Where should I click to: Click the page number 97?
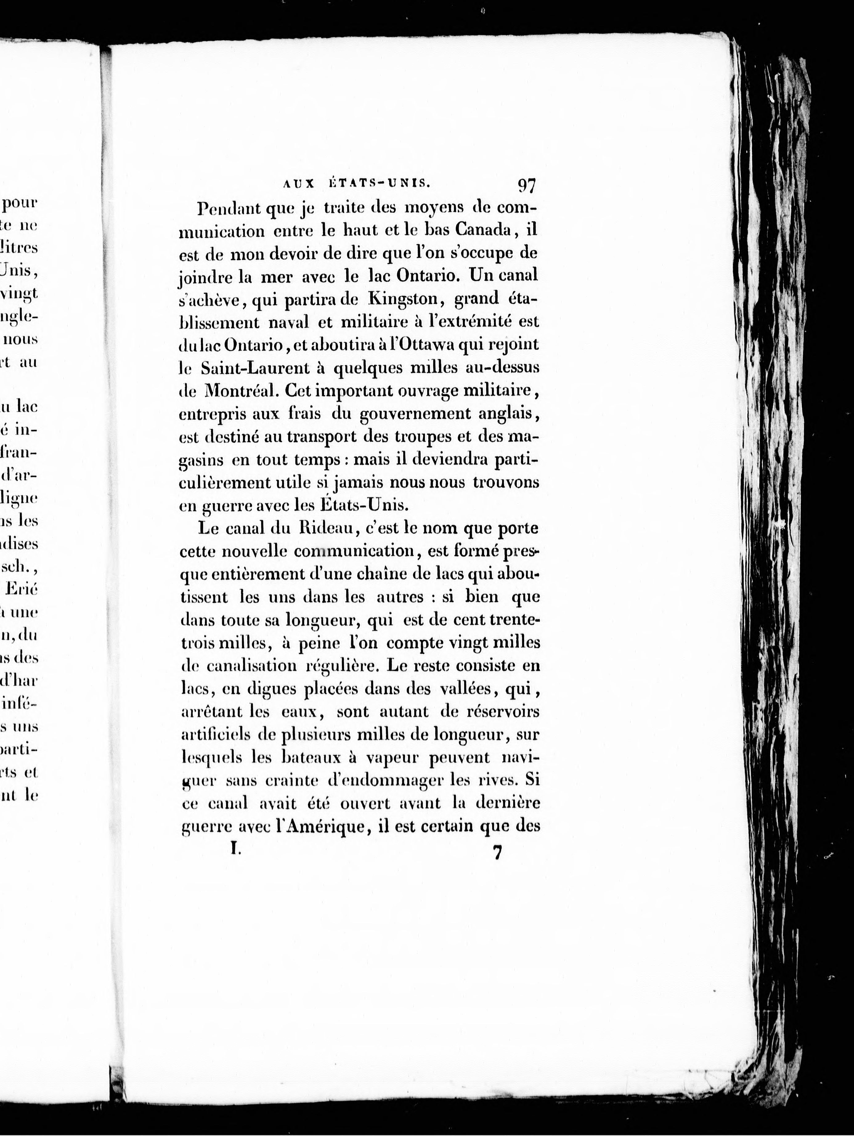point(527,185)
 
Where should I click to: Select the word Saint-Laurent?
point(259,368)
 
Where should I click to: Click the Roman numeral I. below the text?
point(235,850)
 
